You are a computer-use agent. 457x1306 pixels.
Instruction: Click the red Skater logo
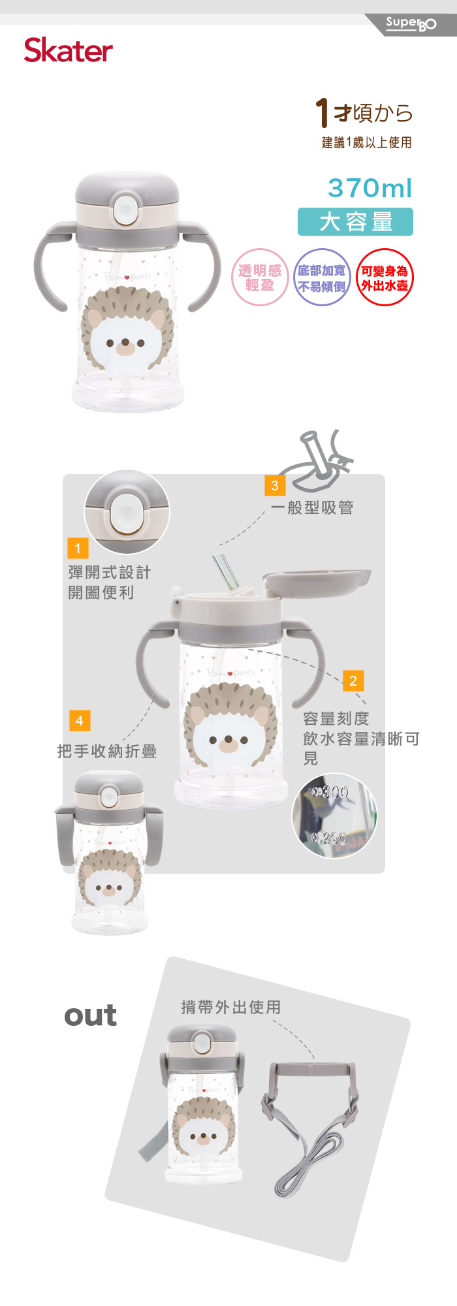coord(69,50)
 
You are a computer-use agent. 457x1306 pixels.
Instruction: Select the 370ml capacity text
coord(370,188)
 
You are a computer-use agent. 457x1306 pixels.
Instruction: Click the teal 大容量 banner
coord(356,221)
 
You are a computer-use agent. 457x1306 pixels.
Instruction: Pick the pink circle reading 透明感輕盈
coord(260,278)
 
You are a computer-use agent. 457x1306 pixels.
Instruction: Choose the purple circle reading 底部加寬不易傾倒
coord(322,278)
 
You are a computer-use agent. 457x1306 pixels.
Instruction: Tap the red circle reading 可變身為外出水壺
coord(385,278)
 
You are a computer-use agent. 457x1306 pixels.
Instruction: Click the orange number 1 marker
coord(78,548)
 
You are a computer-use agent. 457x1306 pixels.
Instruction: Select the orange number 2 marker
coord(353,680)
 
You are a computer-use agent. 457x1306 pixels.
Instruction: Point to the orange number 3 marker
coord(275,485)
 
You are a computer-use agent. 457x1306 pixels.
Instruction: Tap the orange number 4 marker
coord(80,720)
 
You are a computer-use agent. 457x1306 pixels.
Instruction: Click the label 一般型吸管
coord(312,507)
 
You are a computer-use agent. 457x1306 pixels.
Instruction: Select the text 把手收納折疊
coord(107,752)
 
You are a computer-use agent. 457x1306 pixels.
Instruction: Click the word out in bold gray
coord(91,1015)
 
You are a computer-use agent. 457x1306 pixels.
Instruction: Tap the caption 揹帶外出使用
coord(231,1007)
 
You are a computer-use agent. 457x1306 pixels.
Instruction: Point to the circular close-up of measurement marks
coord(334,816)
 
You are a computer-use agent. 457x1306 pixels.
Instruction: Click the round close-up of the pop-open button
coord(127,513)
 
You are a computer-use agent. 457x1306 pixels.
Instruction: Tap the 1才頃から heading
coord(364,113)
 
